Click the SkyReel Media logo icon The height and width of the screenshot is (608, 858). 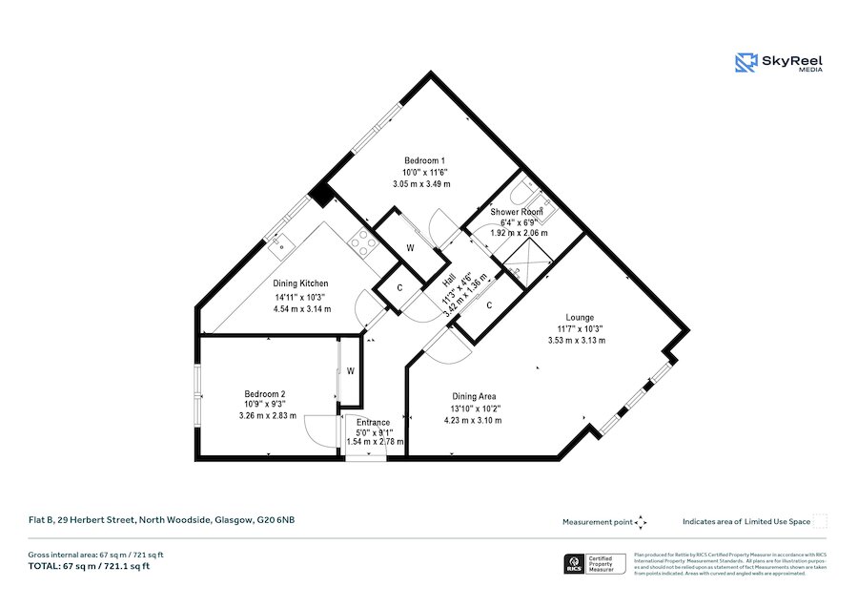[x=746, y=63]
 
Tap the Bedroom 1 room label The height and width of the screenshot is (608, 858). [x=424, y=160]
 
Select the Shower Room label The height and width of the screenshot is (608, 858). [x=517, y=211]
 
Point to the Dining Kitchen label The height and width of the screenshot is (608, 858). [x=301, y=283]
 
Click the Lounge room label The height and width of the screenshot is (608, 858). [x=579, y=318]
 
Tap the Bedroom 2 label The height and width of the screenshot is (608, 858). [x=264, y=393]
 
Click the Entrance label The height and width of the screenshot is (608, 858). [x=373, y=423]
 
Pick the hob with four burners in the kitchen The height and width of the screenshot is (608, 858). [x=362, y=241]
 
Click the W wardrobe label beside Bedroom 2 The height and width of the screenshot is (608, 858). [x=351, y=370]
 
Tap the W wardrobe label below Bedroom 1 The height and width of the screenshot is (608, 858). [x=410, y=248]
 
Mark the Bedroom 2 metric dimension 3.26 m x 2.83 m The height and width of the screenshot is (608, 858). [x=268, y=415]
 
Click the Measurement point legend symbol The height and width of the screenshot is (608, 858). [x=641, y=522]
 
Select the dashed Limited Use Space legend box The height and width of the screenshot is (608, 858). [x=819, y=521]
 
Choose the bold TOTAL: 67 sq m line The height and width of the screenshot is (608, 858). [x=89, y=566]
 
